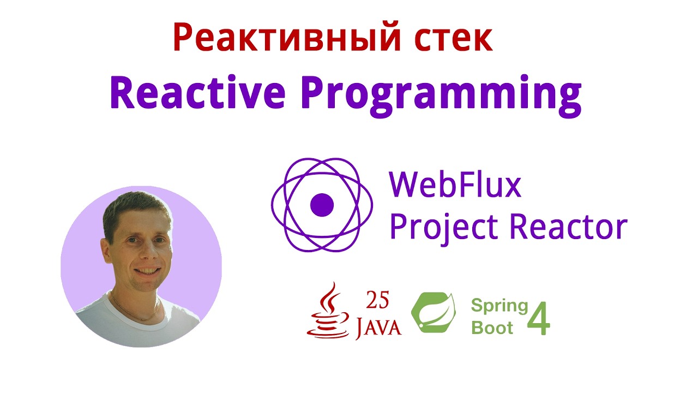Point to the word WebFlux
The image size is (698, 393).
pos(455,186)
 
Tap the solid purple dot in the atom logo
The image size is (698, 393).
pos(322,205)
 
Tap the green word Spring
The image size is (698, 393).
pos(500,305)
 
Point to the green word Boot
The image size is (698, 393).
pos(492,327)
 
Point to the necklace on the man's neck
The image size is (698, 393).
pos(136,314)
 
